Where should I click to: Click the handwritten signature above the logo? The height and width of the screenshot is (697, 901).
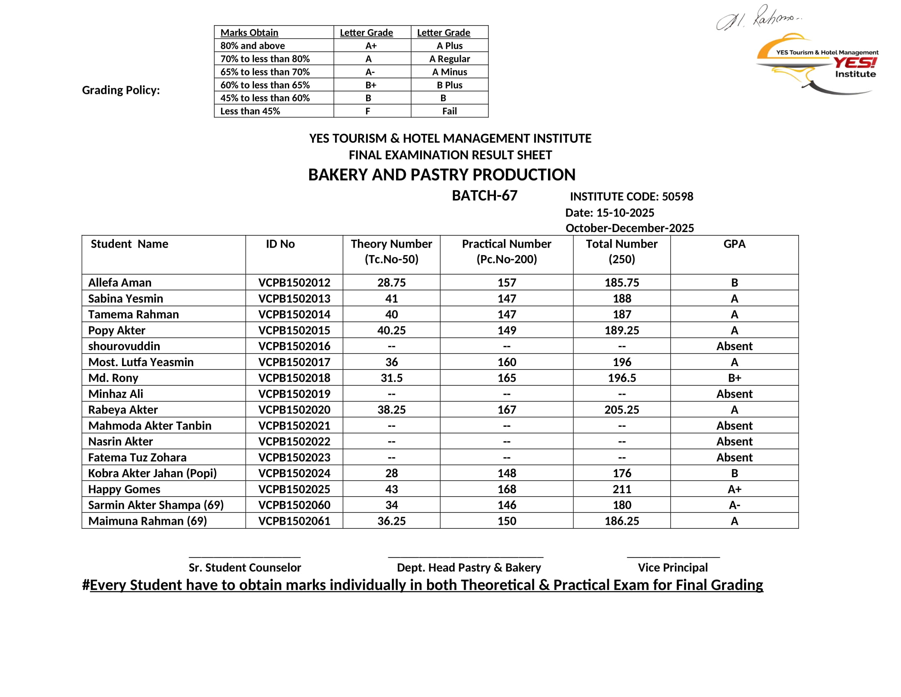(758, 18)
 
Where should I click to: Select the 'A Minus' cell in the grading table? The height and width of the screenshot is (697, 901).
(449, 72)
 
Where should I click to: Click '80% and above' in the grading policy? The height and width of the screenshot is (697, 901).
(252, 46)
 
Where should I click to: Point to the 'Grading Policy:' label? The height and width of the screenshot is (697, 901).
(121, 90)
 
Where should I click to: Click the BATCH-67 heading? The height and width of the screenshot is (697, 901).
(484, 196)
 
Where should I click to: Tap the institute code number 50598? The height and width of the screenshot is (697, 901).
(677, 196)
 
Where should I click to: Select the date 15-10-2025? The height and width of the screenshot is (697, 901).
(625, 213)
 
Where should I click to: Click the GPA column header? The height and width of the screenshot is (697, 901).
(734, 244)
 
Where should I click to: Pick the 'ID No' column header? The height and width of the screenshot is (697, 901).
(280, 244)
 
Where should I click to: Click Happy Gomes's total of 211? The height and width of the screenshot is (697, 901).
(622, 489)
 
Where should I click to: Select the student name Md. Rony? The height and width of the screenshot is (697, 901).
(113, 378)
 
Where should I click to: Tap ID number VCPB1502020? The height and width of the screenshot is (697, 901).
(294, 410)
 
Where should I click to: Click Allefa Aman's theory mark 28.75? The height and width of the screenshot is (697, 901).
(391, 282)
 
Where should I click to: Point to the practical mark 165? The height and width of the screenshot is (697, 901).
(506, 378)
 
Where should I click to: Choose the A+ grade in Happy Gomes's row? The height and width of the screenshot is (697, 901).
(734, 489)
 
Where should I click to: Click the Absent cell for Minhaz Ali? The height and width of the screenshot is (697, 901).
(734, 394)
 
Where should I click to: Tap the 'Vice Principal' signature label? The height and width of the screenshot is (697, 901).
(672, 567)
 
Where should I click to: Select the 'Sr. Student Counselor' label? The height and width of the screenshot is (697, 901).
(244, 567)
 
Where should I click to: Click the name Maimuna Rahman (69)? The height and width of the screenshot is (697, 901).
(147, 521)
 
